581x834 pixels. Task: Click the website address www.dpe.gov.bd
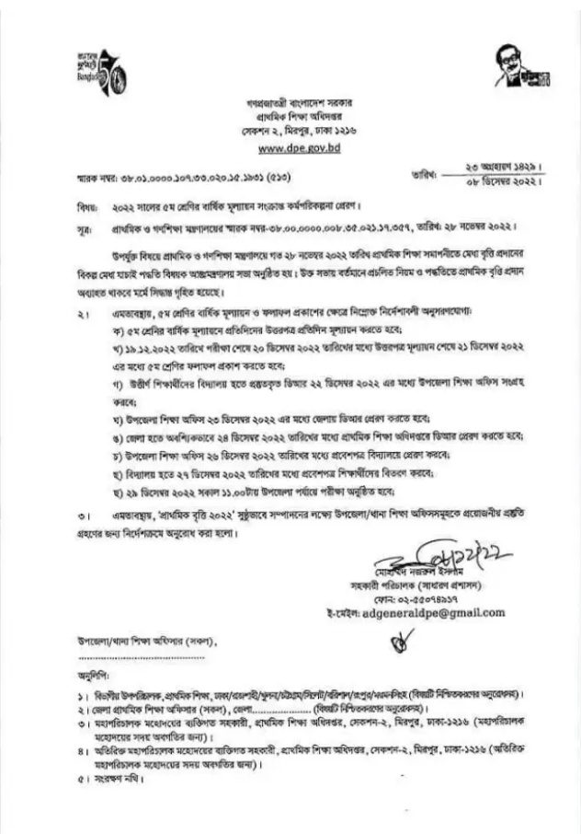click(x=293, y=146)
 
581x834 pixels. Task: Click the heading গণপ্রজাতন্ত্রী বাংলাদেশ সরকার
click(x=293, y=97)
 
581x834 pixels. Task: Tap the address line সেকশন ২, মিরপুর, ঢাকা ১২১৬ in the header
click(x=293, y=130)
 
